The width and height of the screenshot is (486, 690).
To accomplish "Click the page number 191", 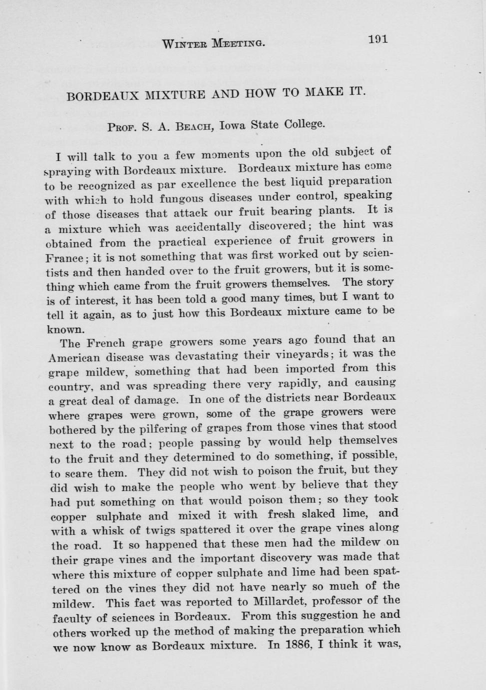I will coord(378,38).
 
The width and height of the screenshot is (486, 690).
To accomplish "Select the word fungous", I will coord(156,199).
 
